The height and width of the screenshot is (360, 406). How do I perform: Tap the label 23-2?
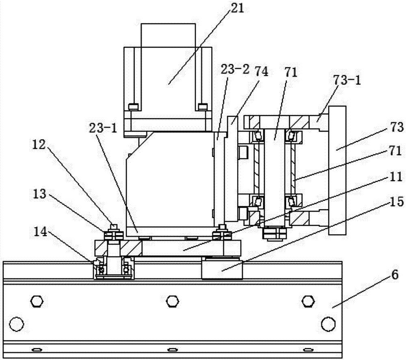click(x=235, y=69)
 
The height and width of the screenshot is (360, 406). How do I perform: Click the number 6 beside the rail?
click(x=395, y=275)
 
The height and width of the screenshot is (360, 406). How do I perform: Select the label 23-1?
click(x=104, y=128)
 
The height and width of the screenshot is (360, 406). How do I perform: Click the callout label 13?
click(x=39, y=193)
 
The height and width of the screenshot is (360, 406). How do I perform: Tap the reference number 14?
click(x=40, y=232)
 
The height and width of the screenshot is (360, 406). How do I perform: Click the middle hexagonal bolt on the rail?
click(x=173, y=301)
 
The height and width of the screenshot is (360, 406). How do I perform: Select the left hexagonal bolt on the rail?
click(x=37, y=301)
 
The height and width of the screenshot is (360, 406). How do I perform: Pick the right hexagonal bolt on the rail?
click(x=309, y=301)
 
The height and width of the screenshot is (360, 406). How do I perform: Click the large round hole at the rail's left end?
click(x=17, y=324)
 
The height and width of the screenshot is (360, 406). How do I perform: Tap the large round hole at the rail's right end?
click(x=328, y=324)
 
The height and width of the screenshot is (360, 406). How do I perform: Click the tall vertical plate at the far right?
click(x=337, y=170)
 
